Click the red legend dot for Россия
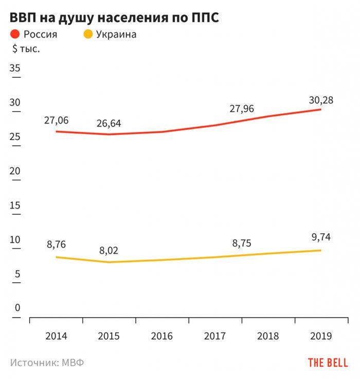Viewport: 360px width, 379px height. pyautogui.click(x=14, y=35)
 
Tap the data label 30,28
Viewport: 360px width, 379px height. pyautogui.click(x=320, y=100)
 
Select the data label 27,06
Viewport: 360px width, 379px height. pyautogui.click(x=56, y=120)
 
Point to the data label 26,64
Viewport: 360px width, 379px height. pyautogui.click(x=110, y=124)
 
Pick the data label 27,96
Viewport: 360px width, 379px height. pyautogui.click(x=241, y=109)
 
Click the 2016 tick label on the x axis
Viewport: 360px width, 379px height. pyautogui.click(x=163, y=336)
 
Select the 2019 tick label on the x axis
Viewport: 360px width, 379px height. pyautogui.click(x=321, y=336)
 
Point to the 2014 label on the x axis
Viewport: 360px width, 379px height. pyautogui.click(x=56, y=336)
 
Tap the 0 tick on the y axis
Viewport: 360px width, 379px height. pyautogui.click(x=17, y=308)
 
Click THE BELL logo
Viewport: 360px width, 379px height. pyautogui.click(x=328, y=363)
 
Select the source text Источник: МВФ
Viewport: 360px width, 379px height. pyautogui.click(x=47, y=363)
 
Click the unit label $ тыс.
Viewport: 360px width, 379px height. pyautogui.click(x=26, y=49)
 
